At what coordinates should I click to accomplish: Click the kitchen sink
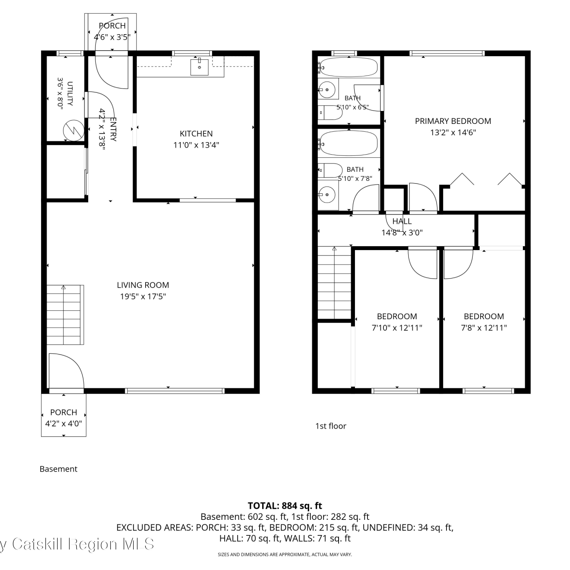[199, 67]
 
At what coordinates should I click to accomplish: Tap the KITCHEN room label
[196, 133]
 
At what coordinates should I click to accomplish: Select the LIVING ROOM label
[143, 285]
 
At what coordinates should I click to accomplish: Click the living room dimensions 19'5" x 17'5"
[143, 296]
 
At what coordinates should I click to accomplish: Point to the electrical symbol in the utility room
[73, 130]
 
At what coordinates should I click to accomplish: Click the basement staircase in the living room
[65, 315]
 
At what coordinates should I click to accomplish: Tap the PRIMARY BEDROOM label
[453, 121]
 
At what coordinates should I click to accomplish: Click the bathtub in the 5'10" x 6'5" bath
[348, 67]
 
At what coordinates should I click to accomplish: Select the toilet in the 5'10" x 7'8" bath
[330, 171]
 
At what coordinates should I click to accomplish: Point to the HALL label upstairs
[402, 221]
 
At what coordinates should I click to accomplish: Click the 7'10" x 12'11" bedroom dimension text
[397, 328]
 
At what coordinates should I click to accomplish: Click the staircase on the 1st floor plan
[334, 283]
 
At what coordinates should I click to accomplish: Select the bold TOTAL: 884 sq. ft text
[285, 506]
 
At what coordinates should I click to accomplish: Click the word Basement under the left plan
[58, 469]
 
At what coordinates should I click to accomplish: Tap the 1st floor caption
[331, 426]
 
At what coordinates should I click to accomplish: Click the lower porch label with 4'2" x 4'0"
[63, 418]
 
